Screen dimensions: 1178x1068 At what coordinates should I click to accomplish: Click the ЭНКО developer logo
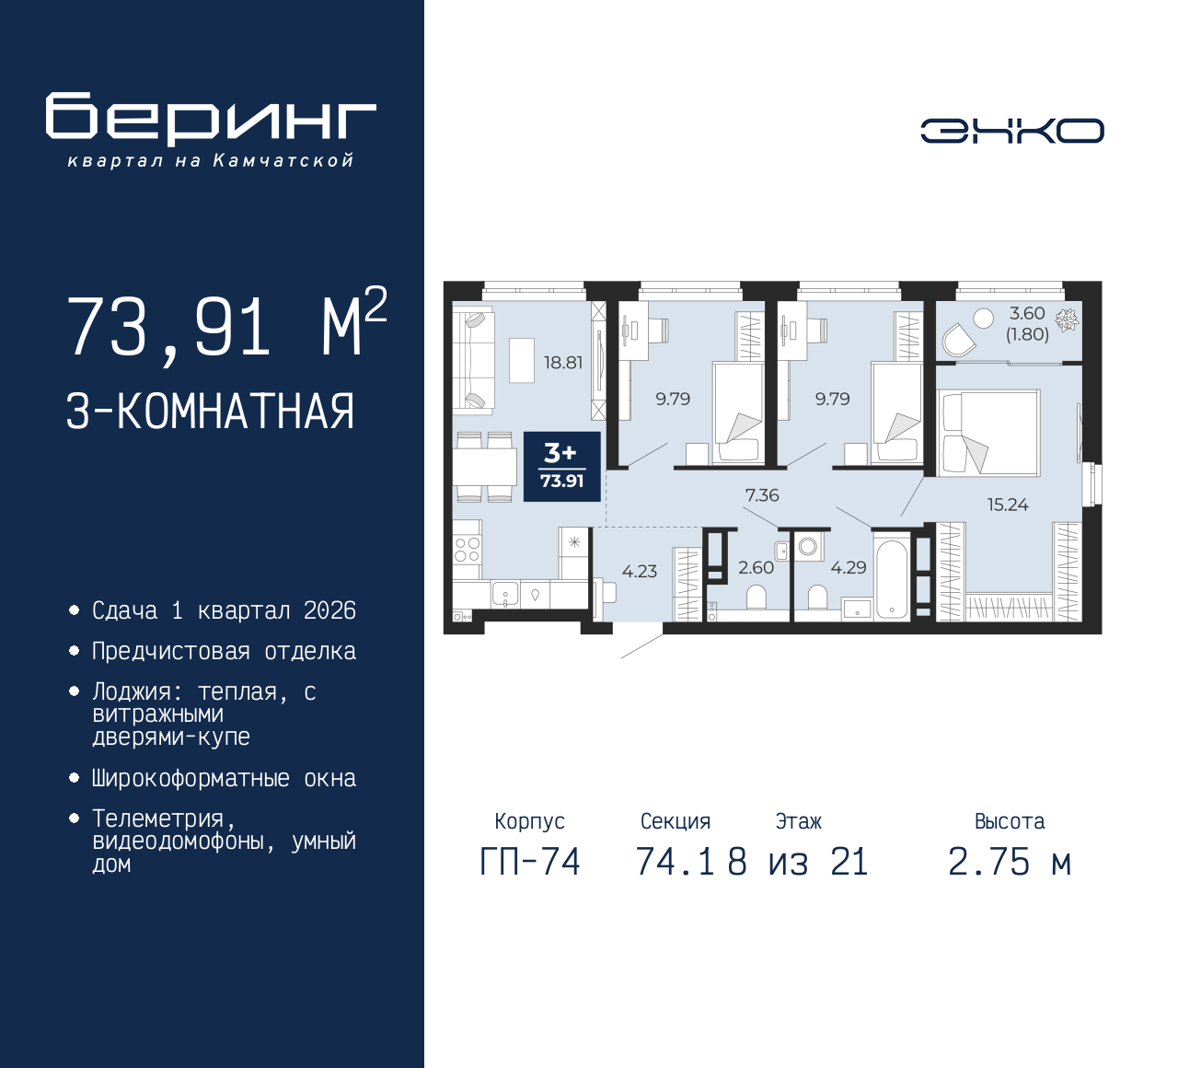1011,131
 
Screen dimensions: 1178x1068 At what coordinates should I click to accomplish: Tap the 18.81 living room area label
562,363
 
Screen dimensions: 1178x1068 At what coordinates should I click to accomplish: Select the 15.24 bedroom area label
1008,505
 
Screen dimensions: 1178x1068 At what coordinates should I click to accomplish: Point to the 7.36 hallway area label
762,495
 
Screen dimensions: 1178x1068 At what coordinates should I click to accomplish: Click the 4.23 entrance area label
640,571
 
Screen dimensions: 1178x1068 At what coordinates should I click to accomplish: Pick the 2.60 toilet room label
756,567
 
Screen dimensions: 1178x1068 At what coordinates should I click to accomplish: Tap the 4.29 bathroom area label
848,567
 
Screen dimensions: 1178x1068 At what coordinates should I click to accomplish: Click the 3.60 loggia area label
1027,313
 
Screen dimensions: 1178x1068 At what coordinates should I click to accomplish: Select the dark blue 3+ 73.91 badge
562,467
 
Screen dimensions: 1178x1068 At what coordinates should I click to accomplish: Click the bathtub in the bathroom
892,576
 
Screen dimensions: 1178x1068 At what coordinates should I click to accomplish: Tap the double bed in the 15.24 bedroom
988,433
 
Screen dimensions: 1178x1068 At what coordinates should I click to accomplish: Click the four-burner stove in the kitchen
467,550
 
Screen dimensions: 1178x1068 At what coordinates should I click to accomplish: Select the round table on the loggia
983,319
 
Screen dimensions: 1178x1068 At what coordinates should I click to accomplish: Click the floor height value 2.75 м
1010,863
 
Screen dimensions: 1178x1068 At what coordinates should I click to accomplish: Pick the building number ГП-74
530,863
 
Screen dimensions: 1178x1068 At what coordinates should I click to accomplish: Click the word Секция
676,821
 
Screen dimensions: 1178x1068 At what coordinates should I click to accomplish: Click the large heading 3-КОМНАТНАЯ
210,412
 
